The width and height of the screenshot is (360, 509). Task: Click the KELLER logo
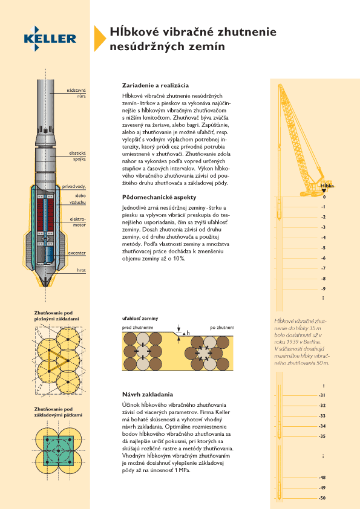point(50,39)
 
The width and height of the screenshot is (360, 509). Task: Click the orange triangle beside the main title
point(99,38)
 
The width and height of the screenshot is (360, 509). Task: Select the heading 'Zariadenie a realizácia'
point(155,85)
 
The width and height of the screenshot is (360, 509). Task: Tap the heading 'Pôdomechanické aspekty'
point(159,197)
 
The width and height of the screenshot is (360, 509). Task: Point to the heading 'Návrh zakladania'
point(148,394)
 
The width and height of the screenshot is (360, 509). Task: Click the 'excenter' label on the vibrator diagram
point(77,253)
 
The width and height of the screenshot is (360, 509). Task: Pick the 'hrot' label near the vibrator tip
point(81,270)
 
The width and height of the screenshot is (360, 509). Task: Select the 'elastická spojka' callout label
point(77,156)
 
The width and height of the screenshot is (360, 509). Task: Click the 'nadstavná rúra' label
point(76,93)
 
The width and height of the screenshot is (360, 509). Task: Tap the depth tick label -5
point(323,248)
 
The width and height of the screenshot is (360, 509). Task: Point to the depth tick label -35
point(322,436)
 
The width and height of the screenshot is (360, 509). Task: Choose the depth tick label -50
point(322,498)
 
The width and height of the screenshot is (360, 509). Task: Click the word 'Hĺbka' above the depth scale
point(327,186)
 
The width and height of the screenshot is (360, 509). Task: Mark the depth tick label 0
point(324,196)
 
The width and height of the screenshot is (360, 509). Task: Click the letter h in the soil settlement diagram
point(188,332)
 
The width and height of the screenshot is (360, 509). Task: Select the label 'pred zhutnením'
point(138,328)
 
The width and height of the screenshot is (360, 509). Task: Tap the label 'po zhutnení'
point(221,328)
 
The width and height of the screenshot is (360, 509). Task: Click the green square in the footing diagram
point(59,451)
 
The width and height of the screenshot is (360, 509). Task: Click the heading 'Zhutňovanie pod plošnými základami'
point(56,316)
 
